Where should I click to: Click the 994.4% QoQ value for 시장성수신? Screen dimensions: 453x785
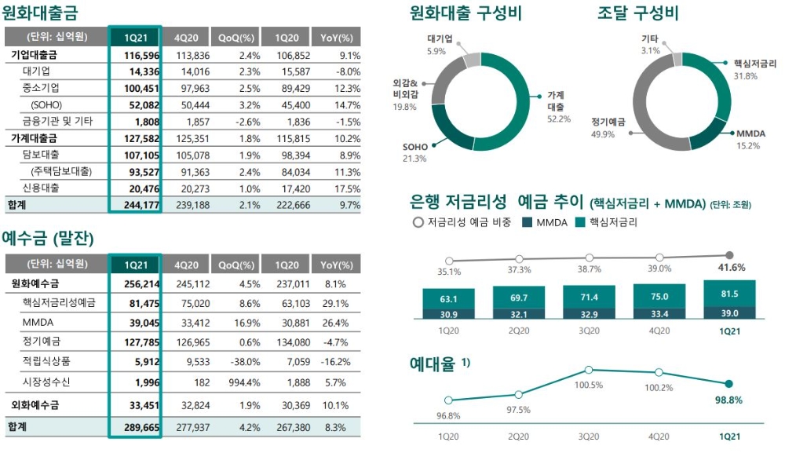click(x=240, y=382)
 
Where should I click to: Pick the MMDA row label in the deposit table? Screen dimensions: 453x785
click(x=38, y=323)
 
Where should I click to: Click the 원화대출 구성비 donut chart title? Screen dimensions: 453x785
click(x=466, y=13)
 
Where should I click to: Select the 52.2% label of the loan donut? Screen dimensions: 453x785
click(x=558, y=119)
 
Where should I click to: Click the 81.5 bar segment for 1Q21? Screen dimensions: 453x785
click(x=729, y=294)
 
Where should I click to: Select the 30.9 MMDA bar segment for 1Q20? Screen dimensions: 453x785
click(x=448, y=313)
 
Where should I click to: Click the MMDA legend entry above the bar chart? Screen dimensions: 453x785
click(x=545, y=222)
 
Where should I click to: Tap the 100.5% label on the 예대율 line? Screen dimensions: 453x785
click(x=589, y=385)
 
